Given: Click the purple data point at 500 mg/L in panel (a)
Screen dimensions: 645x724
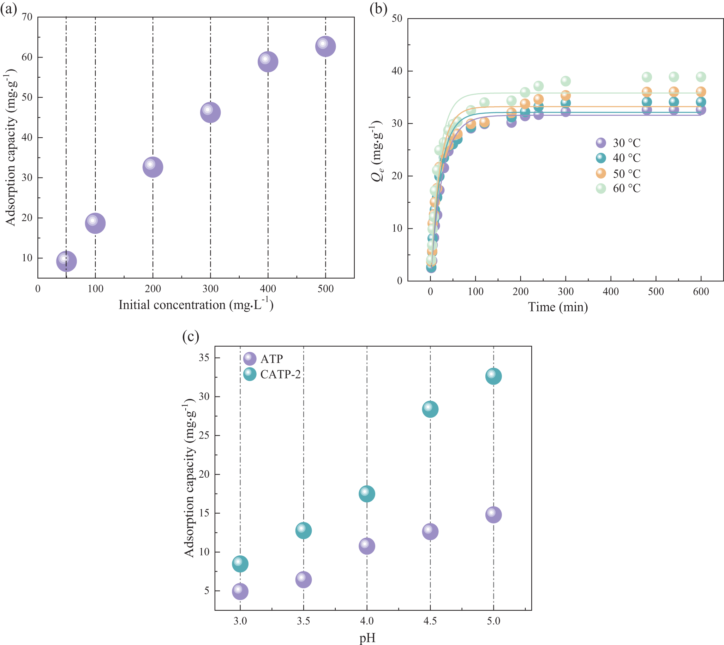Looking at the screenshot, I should (x=325, y=47).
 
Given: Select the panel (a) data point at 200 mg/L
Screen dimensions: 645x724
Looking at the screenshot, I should (x=153, y=167).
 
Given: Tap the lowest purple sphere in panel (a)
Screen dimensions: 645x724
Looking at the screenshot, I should (x=66, y=261).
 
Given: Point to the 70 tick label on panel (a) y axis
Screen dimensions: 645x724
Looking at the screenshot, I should (x=27, y=17).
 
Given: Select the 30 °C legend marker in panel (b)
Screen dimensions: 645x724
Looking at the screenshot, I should (x=601, y=143).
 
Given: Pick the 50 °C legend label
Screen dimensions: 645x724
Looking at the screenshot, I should (x=627, y=174).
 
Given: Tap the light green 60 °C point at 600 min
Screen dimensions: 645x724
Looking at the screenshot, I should (x=701, y=77).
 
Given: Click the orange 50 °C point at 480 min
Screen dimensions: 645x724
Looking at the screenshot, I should (x=647, y=92).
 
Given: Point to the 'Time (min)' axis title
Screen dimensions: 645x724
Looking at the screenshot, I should (x=558, y=307).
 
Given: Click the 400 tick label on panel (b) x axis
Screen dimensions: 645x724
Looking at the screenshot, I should (x=611, y=292).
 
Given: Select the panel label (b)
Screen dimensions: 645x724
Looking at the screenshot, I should (x=378, y=9).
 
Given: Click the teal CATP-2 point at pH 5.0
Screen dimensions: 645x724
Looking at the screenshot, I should (x=493, y=376).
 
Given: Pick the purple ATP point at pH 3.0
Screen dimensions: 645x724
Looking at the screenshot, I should (x=240, y=591).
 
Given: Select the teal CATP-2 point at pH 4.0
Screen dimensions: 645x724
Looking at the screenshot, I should (x=367, y=494).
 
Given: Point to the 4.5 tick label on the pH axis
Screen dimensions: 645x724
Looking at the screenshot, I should (x=430, y=621).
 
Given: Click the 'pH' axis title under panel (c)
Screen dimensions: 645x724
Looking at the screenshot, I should (x=367, y=638).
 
